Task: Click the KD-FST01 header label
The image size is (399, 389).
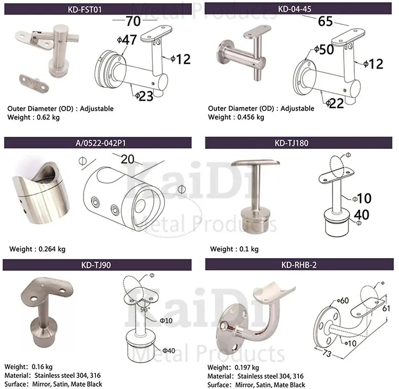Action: [x=85, y=10]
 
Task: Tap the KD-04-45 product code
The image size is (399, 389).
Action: [x=294, y=9]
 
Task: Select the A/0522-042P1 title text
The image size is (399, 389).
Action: [x=101, y=143]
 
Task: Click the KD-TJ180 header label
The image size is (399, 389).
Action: [x=292, y=143]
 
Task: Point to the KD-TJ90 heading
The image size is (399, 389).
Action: [x=96, y=265]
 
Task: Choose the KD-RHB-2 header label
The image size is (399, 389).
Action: [x=299, y=265]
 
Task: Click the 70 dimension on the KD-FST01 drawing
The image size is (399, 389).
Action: [x=133, y=21]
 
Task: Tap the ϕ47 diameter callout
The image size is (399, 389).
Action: [x=127, y=40]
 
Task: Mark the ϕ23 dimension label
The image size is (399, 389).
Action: [x=144, y=96]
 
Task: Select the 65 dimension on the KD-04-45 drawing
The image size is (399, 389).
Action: [x=325, y=21]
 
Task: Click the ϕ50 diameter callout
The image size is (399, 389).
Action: [x=324, y=49]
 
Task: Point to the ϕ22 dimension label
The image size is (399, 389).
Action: [x=335, y=103]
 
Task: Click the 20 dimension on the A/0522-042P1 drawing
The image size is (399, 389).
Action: [x=128, y=159]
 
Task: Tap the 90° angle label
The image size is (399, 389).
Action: [x=145, y=310]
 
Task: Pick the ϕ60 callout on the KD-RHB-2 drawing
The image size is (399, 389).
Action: [x=343, y=301]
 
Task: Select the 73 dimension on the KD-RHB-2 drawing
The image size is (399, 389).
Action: [x=327, y=353]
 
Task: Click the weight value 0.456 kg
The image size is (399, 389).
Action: [x=251, y=117]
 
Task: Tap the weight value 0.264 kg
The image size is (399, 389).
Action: [x=52, y=249]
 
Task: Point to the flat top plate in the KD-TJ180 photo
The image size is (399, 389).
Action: [x=255, y=162]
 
